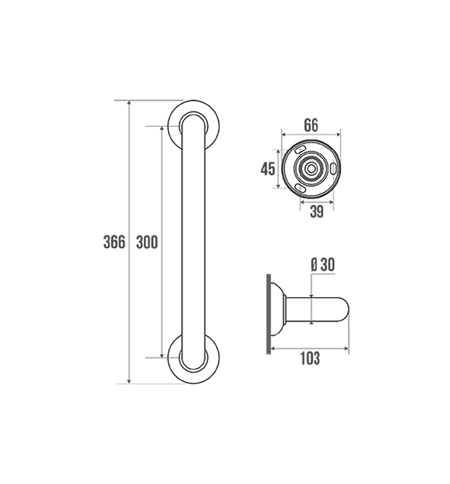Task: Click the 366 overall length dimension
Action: tap(114, 242)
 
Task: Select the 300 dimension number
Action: tap(147, 242)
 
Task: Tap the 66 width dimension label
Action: tap(311, 125)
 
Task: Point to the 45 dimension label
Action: tap(267, 169)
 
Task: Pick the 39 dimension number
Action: tap(317, 212)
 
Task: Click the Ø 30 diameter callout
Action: tap(323, 264)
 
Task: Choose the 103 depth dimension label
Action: tap(310, 358)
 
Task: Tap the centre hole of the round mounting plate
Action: tap(311, 169)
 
